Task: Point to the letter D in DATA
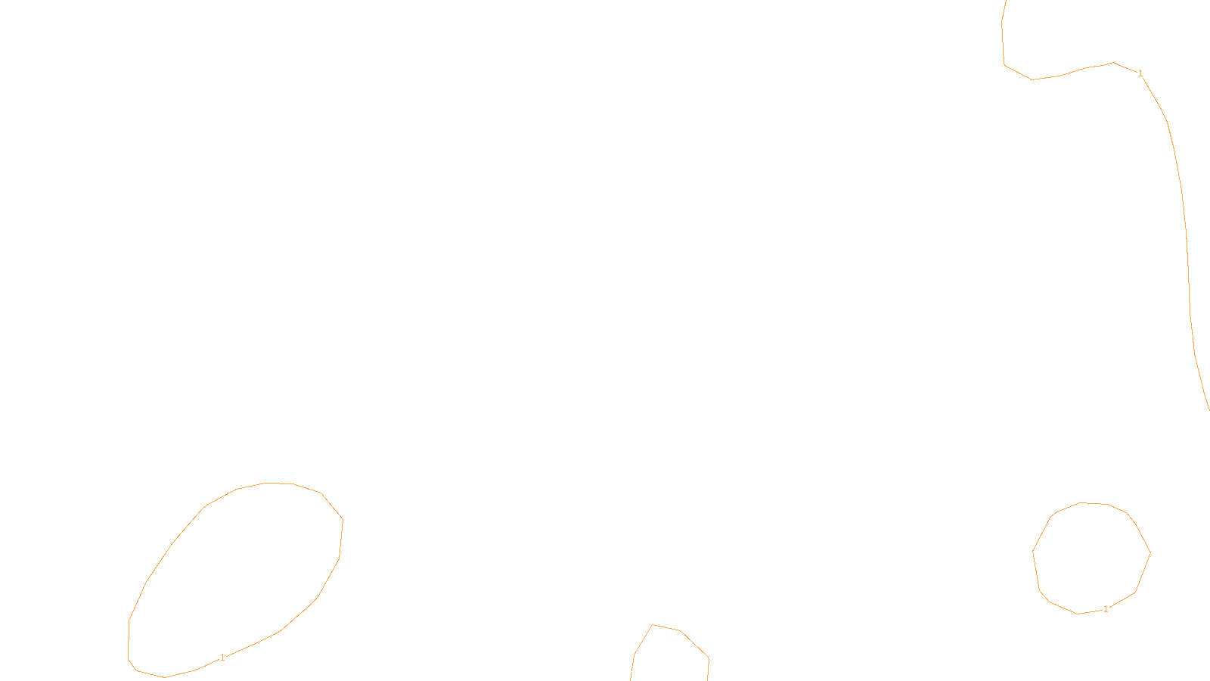631,669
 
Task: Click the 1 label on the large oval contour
222,658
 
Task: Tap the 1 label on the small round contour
1106,609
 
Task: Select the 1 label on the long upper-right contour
1140,73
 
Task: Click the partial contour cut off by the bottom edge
694,644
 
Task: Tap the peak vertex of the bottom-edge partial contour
653,625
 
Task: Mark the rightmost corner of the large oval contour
343,520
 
